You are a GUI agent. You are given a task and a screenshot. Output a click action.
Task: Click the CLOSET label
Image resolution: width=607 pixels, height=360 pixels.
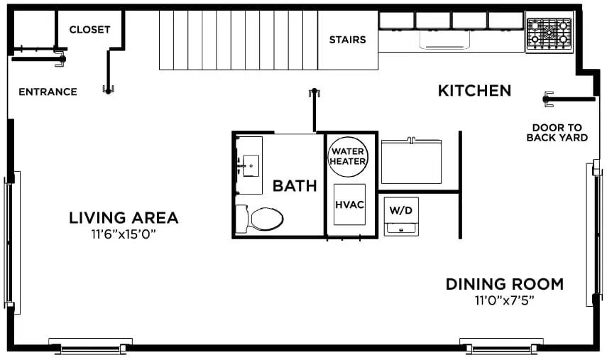pos(89,30)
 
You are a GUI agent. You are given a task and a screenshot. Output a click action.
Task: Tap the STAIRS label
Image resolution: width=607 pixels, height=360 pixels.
pos(347,40)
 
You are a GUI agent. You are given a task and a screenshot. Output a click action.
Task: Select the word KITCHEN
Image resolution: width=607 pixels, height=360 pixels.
pos(474,91)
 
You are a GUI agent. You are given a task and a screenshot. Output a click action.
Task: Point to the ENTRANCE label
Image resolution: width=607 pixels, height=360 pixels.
pos(48,92)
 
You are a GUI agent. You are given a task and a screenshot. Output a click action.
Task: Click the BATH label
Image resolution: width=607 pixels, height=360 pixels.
pos(295,187)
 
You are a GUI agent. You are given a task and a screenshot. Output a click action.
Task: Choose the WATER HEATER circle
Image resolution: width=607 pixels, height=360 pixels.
pos(348,156)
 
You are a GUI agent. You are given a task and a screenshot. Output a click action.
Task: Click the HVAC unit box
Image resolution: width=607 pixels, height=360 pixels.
pos(349,204)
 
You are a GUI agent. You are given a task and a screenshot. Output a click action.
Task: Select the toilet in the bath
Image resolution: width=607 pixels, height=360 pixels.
pos(260,218)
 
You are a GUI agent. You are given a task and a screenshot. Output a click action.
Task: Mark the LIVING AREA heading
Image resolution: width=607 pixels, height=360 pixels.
pos(124,218)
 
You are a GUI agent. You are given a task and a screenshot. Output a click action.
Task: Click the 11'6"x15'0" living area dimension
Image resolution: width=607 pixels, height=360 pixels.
pos(124,234)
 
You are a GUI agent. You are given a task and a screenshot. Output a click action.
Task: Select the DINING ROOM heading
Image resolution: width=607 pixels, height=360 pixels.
pos(505,285)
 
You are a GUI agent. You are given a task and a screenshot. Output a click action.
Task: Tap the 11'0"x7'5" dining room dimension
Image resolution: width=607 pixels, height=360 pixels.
pos(505,300)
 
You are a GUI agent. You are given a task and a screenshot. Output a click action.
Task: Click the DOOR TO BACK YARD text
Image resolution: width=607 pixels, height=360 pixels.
pos(557,133)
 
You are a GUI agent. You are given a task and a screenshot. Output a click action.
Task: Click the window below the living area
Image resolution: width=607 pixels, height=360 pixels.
pos(90,347)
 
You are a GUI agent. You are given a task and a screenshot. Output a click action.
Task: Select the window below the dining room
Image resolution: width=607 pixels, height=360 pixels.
pos(501,347)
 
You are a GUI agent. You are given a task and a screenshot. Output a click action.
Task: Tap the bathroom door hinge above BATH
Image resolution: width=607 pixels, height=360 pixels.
pos(313,92)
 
